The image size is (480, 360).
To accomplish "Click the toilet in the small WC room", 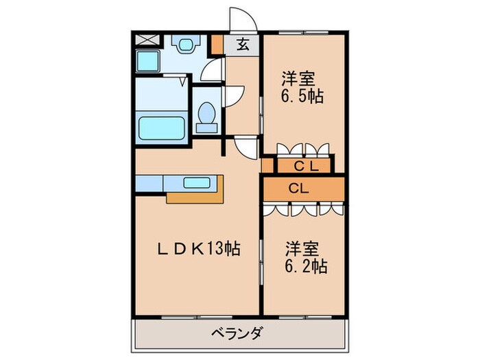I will pos(206,116).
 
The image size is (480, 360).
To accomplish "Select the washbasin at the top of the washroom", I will pos(184,45).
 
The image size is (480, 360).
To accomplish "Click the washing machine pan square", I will pos(147,61).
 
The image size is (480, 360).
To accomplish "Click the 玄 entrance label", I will pos(243,45).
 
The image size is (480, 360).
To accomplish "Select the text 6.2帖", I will pos(305,265).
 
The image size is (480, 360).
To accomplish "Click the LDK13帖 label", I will pos(197,249).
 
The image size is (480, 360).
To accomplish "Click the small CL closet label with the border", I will pos(304,165).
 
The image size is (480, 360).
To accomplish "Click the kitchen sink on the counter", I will pos(197,182).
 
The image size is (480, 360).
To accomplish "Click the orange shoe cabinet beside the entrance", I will pos(217,45).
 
